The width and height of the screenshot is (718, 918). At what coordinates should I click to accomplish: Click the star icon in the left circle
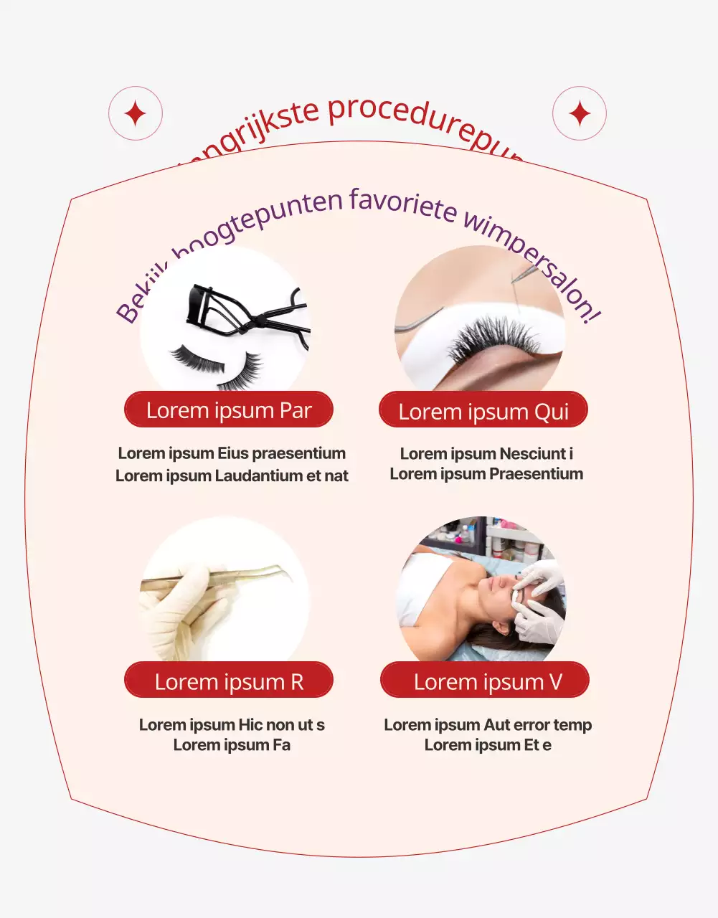click(136, 114)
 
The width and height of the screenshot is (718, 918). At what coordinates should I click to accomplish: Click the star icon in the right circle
click(580, 114)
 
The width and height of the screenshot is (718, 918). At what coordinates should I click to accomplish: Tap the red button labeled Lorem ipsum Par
click(229, 410)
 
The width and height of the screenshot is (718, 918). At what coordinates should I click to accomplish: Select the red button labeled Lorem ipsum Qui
click(483, 411)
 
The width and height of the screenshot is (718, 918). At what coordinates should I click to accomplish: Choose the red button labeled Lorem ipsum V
click(485, 681)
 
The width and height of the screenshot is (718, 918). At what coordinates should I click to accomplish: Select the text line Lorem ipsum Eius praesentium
click(232, 453)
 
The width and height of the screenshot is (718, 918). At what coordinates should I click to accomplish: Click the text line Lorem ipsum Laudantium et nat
click(232, 475)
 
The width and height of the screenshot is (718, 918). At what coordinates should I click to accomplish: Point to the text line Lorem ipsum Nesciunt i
click(486, 453)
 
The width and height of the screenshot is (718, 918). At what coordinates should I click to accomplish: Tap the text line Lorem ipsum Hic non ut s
click(232, 724)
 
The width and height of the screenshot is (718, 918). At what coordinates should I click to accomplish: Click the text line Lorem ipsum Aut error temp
click(488, 724)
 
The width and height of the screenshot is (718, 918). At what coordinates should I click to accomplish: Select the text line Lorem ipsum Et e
click(488, 745)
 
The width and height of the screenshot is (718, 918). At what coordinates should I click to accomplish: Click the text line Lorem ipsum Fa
click(232, 745)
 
